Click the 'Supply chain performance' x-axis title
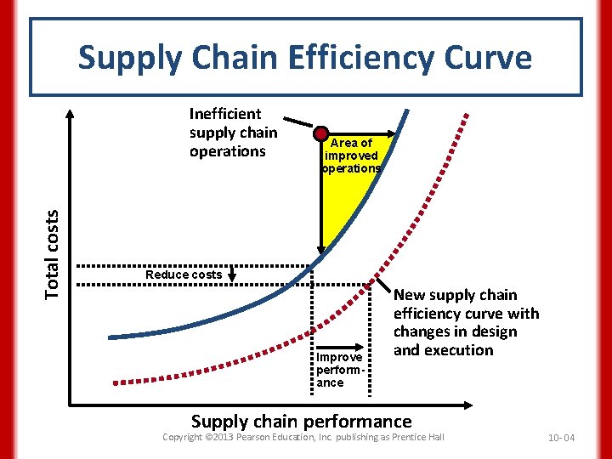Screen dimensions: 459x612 [x=301, y=421]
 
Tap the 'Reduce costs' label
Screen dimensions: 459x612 [x=184, y=275]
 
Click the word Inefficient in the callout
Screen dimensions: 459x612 [x=225, y=114]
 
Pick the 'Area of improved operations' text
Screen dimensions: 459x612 [x=351, y=156]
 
